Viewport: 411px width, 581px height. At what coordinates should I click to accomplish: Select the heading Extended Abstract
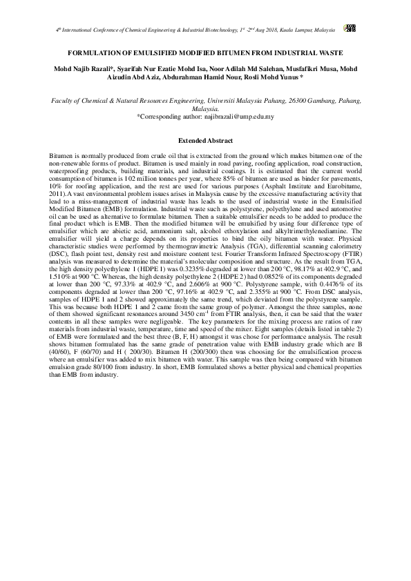(x=205, y=140)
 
